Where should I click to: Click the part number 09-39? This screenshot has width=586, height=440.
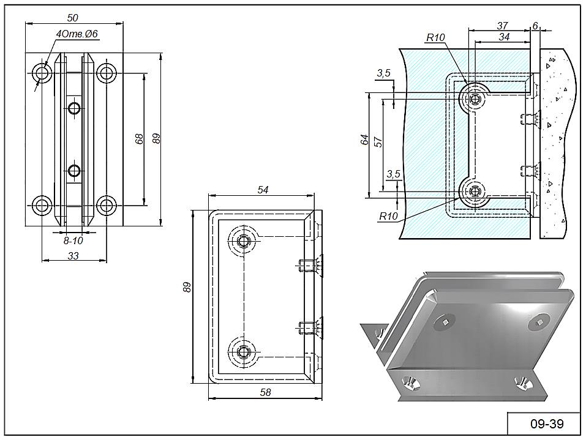click(x=538, y=423)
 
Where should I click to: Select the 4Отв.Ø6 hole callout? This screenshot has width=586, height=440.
click(x=77, y=34)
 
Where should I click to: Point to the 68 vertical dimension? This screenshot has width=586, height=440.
click(x=140, y=139)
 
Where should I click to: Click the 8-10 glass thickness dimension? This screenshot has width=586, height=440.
click(x=73, y=241)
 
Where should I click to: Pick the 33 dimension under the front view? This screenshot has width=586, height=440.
click(x=73, y=256)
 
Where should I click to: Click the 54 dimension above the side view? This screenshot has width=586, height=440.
click(x=263, y=190)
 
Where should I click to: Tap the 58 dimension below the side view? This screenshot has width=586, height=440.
click(x=265, y=392)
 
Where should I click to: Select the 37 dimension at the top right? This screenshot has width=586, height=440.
click(x=502, y=25)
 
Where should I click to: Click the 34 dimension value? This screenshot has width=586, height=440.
click(x=504, y=37)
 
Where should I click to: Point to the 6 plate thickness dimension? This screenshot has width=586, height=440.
click(x=535, y=25)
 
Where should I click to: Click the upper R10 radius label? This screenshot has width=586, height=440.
click(x=435, y=37)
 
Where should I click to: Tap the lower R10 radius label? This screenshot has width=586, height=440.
click(x=388, y=216)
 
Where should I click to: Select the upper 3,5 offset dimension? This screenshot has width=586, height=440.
click(x=383, y=73)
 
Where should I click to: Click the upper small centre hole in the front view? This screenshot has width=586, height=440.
click(x=75, y=110)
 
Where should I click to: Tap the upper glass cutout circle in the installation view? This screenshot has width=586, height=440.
click(x=473, y=98)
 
